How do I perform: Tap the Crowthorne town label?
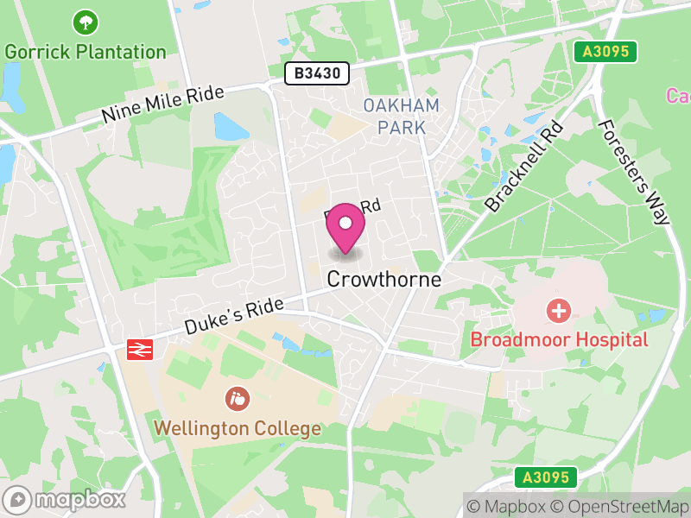pos(384,281)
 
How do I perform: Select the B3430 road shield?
pos(317,74)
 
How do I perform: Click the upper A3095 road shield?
pos(606,52)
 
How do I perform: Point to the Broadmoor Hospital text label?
pos(559,339)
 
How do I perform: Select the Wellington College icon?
pos(237,399)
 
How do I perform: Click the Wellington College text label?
pos(238,428)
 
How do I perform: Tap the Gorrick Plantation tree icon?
pos(85,22)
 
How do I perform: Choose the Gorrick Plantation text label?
pos(85,51)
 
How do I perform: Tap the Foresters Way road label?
pos(634,171)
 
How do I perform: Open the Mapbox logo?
pos(66,499)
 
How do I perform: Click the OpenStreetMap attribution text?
pos(620,506)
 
